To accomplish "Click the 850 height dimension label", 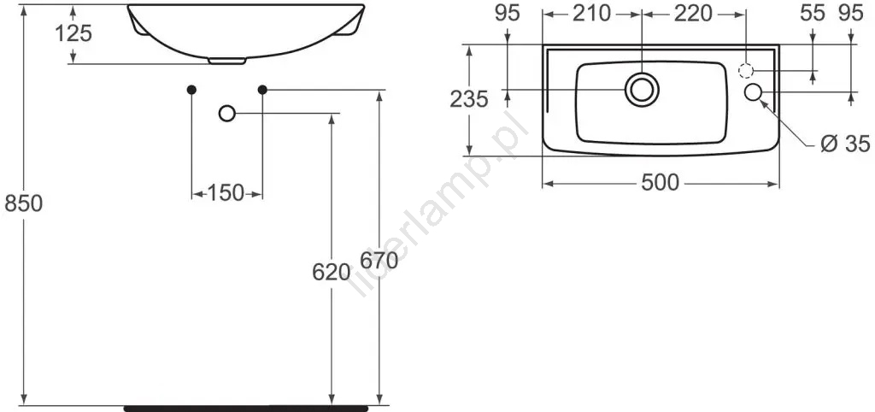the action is pos(23,204).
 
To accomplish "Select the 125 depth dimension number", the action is pos(73,34).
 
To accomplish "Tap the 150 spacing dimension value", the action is pos(226,194).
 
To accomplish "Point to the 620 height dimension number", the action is pos(331,273).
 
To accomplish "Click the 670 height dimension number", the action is pos(379,260).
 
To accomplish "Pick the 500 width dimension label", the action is pos(661,183).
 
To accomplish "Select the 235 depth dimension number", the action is pos(469,99).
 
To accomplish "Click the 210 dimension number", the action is pos(592,14).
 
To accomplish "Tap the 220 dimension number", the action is pos(693,14).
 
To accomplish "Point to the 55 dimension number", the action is pos(812,14).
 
